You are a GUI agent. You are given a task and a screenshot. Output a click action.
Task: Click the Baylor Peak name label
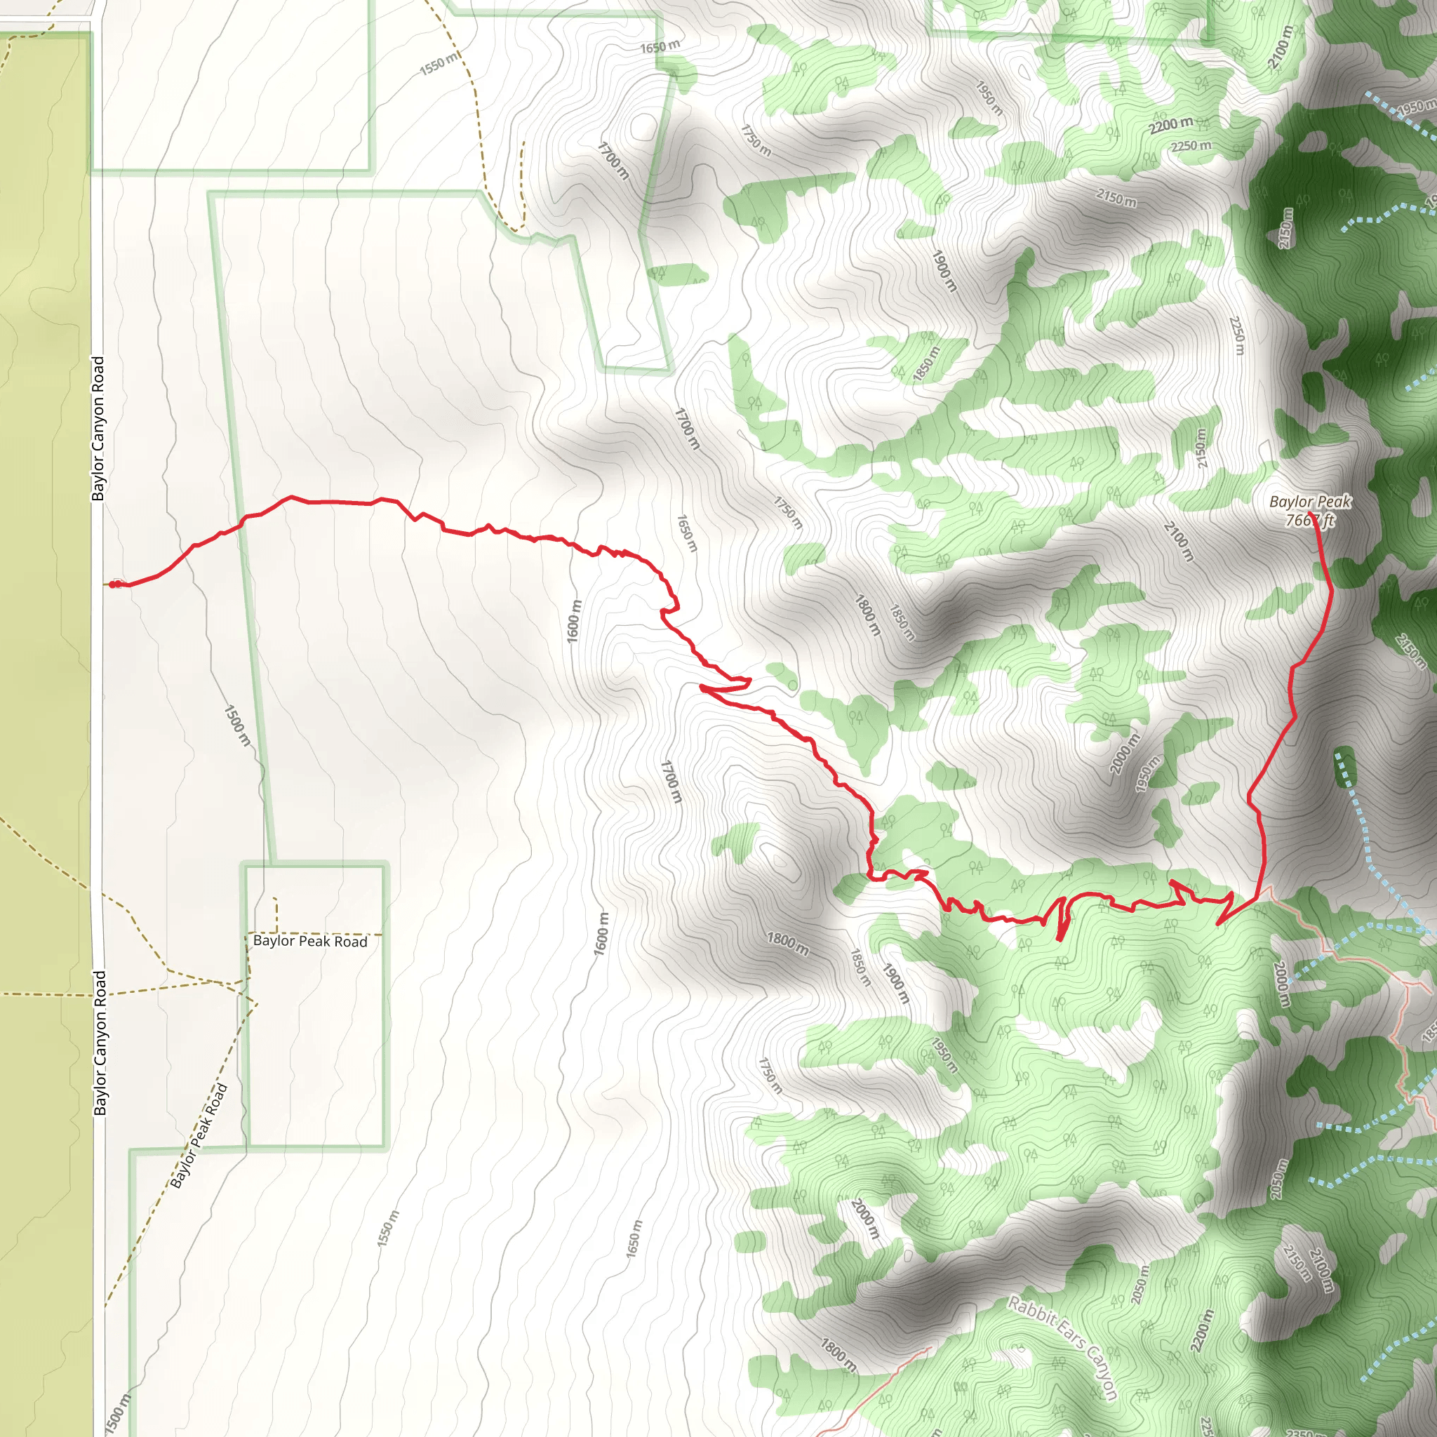click(1310, 502)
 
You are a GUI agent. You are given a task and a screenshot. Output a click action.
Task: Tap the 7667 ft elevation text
click(1310, 520)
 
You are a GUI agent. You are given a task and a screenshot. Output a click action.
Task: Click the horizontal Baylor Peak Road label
click(310, 942)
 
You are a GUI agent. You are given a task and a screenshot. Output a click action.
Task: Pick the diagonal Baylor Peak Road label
click(198, 1137)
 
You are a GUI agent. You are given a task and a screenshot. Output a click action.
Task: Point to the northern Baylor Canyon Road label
click(98, 429)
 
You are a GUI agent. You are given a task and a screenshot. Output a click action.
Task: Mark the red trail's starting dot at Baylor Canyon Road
click(112, 584)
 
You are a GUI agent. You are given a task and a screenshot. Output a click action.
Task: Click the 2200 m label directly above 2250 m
click(1171, 125)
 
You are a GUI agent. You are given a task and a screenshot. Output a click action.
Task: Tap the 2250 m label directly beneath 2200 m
click(1191, 146)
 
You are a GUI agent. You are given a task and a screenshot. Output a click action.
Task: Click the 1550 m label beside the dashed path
click(439, 65)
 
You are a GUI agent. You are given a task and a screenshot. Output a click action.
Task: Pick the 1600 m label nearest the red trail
click(573, 621)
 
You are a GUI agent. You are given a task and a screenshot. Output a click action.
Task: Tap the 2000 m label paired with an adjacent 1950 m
click(1125, 753)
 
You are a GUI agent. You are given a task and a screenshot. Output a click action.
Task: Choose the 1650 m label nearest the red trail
click(686, 533)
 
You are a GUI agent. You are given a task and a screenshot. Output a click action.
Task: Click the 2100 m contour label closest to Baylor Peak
click(1179, 542)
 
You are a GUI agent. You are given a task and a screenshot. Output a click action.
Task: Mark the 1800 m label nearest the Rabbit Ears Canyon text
click(838, 1355)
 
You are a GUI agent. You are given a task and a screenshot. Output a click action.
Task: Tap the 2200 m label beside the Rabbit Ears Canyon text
click(1201, 1330)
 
